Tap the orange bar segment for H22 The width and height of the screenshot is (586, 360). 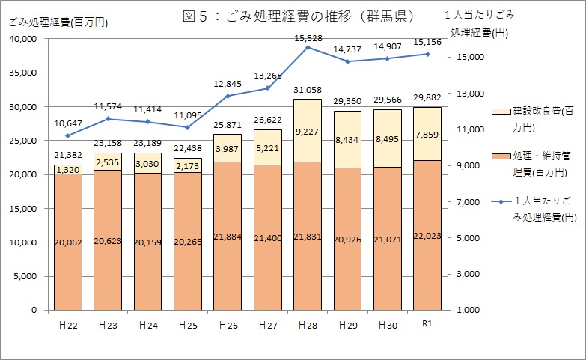click(67, 241)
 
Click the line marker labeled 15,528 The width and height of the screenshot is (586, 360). click(308, 47)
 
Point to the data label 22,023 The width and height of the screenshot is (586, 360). click(427, 235)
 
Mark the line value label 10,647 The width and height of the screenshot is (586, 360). click(67, 123)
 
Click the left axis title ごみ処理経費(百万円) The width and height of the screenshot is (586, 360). click(58, 23)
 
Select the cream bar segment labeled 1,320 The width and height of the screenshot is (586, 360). click(67, 170)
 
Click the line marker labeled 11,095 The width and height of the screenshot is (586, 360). click(188, 127)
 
